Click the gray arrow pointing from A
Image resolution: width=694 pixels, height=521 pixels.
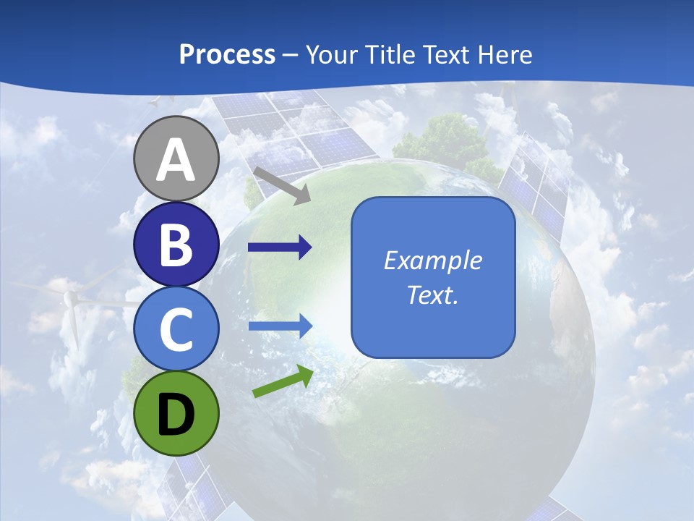click(x=282, y=185)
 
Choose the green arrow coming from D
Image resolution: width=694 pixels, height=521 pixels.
click(x=283, y=382)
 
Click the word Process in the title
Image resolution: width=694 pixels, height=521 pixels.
click(x=227, y=55)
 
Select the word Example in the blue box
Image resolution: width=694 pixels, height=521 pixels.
click(x=432, y=260)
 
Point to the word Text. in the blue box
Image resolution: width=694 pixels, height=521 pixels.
click(x=432, y=295)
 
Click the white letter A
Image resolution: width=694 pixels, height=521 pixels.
click(x=176, y=159)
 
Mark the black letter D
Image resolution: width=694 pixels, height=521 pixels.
click(x=176, y=414)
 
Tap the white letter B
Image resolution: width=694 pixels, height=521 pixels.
click(x=176, y=245)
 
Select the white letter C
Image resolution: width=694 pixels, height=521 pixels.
click(x=176, y=329)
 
